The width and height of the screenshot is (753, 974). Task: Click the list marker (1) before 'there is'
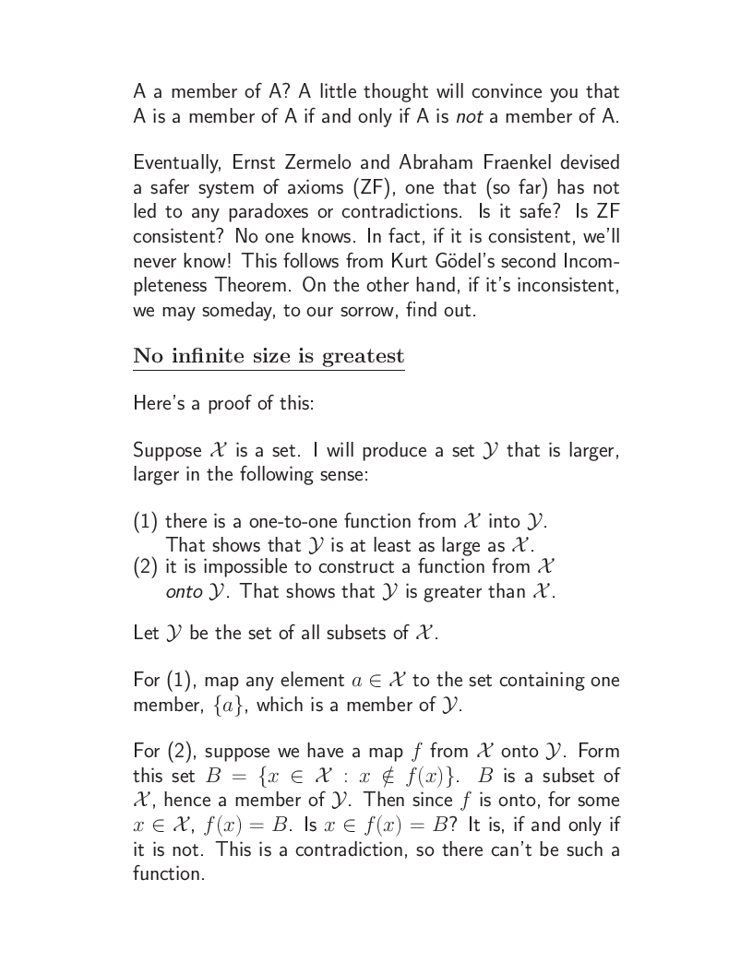click(147, 521)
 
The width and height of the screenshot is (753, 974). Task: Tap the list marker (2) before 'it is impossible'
click(147, 566)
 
